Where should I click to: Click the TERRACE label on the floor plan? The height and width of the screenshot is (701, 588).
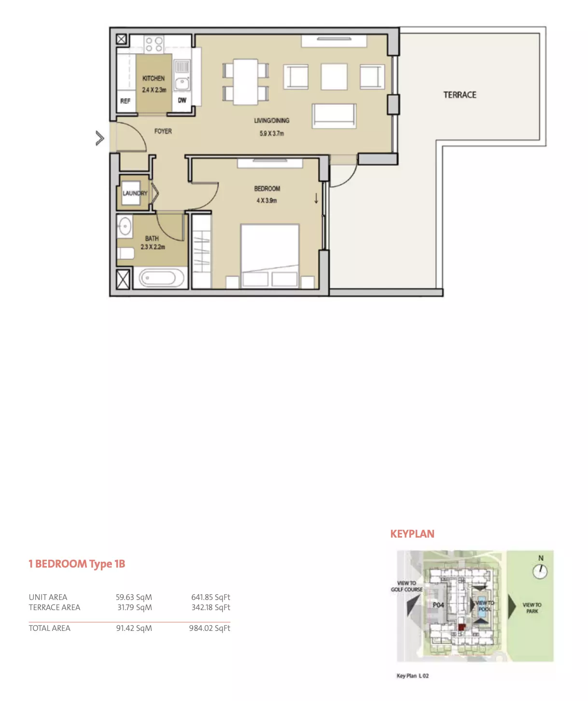(460, 95)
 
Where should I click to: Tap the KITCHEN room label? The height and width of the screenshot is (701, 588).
(154, 78)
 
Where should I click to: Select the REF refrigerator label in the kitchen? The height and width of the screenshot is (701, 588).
(125, 101)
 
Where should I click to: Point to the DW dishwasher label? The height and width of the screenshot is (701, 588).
(182, 100)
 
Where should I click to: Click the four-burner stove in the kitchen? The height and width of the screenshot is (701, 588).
(154, 44)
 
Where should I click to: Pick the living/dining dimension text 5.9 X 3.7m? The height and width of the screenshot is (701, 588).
(271, 133)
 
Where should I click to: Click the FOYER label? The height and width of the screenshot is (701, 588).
(163, 131)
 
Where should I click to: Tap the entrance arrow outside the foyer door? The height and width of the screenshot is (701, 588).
(99, 138)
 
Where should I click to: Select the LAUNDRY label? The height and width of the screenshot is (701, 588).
(135, 193)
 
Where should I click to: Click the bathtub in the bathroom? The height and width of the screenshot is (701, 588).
(157, 278)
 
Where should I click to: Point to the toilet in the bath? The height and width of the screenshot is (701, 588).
(126, 253)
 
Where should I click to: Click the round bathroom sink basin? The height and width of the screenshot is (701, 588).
(125, 226)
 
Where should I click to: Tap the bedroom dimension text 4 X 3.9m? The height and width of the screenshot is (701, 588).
(266, 201)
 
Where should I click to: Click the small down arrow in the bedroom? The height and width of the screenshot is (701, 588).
(316, 198)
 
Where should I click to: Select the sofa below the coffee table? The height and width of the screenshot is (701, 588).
(334, 116)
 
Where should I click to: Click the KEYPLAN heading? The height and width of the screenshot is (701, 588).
(412, 534)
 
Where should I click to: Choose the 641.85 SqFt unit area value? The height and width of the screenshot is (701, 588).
(210, 597)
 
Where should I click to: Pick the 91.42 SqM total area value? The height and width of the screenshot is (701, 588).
(134, 628)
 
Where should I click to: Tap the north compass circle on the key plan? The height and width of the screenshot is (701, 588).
(540, 571)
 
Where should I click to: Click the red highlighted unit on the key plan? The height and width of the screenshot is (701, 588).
(462, 627)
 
